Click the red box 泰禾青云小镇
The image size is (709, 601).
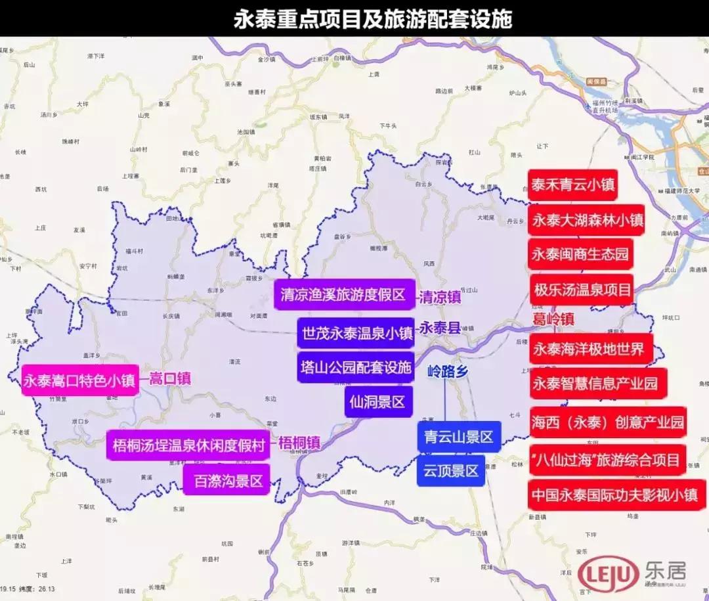[x=572, y=186]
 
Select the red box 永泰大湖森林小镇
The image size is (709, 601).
[x=587, y=220]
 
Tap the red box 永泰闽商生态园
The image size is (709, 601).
[x=580, y=254]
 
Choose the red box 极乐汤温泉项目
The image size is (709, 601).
[x=582, y=289]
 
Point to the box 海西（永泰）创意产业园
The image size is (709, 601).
[x=607, y=422]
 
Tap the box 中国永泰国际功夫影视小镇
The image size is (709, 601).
[x=616, y=495]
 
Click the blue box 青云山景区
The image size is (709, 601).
[x=459, y=437]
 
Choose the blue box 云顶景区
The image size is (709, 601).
[x=450, y=470]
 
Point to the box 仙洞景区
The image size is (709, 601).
[x=377, y=401]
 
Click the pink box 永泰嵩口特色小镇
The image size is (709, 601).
[x=79, y=380]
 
